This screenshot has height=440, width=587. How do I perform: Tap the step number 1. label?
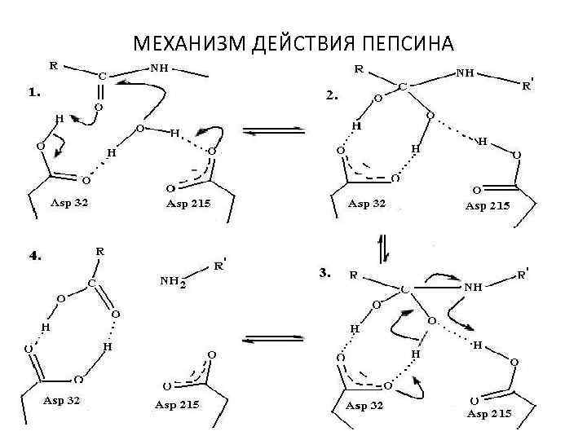click(35, 93)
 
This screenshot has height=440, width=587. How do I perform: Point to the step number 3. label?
click(324, 275)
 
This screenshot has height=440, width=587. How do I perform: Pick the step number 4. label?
click(35, 255)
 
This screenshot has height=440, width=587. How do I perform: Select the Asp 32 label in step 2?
click(367, 202)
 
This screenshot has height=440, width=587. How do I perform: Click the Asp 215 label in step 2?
click(488, 205)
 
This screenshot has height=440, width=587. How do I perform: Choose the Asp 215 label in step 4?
click(178, 405)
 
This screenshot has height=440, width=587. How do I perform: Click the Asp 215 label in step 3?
click(489, 414)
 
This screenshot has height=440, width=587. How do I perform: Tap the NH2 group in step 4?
click(172, 281)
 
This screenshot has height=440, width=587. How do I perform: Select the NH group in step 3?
click(473, 288)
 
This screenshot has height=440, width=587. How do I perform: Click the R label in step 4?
click(99, 252)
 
